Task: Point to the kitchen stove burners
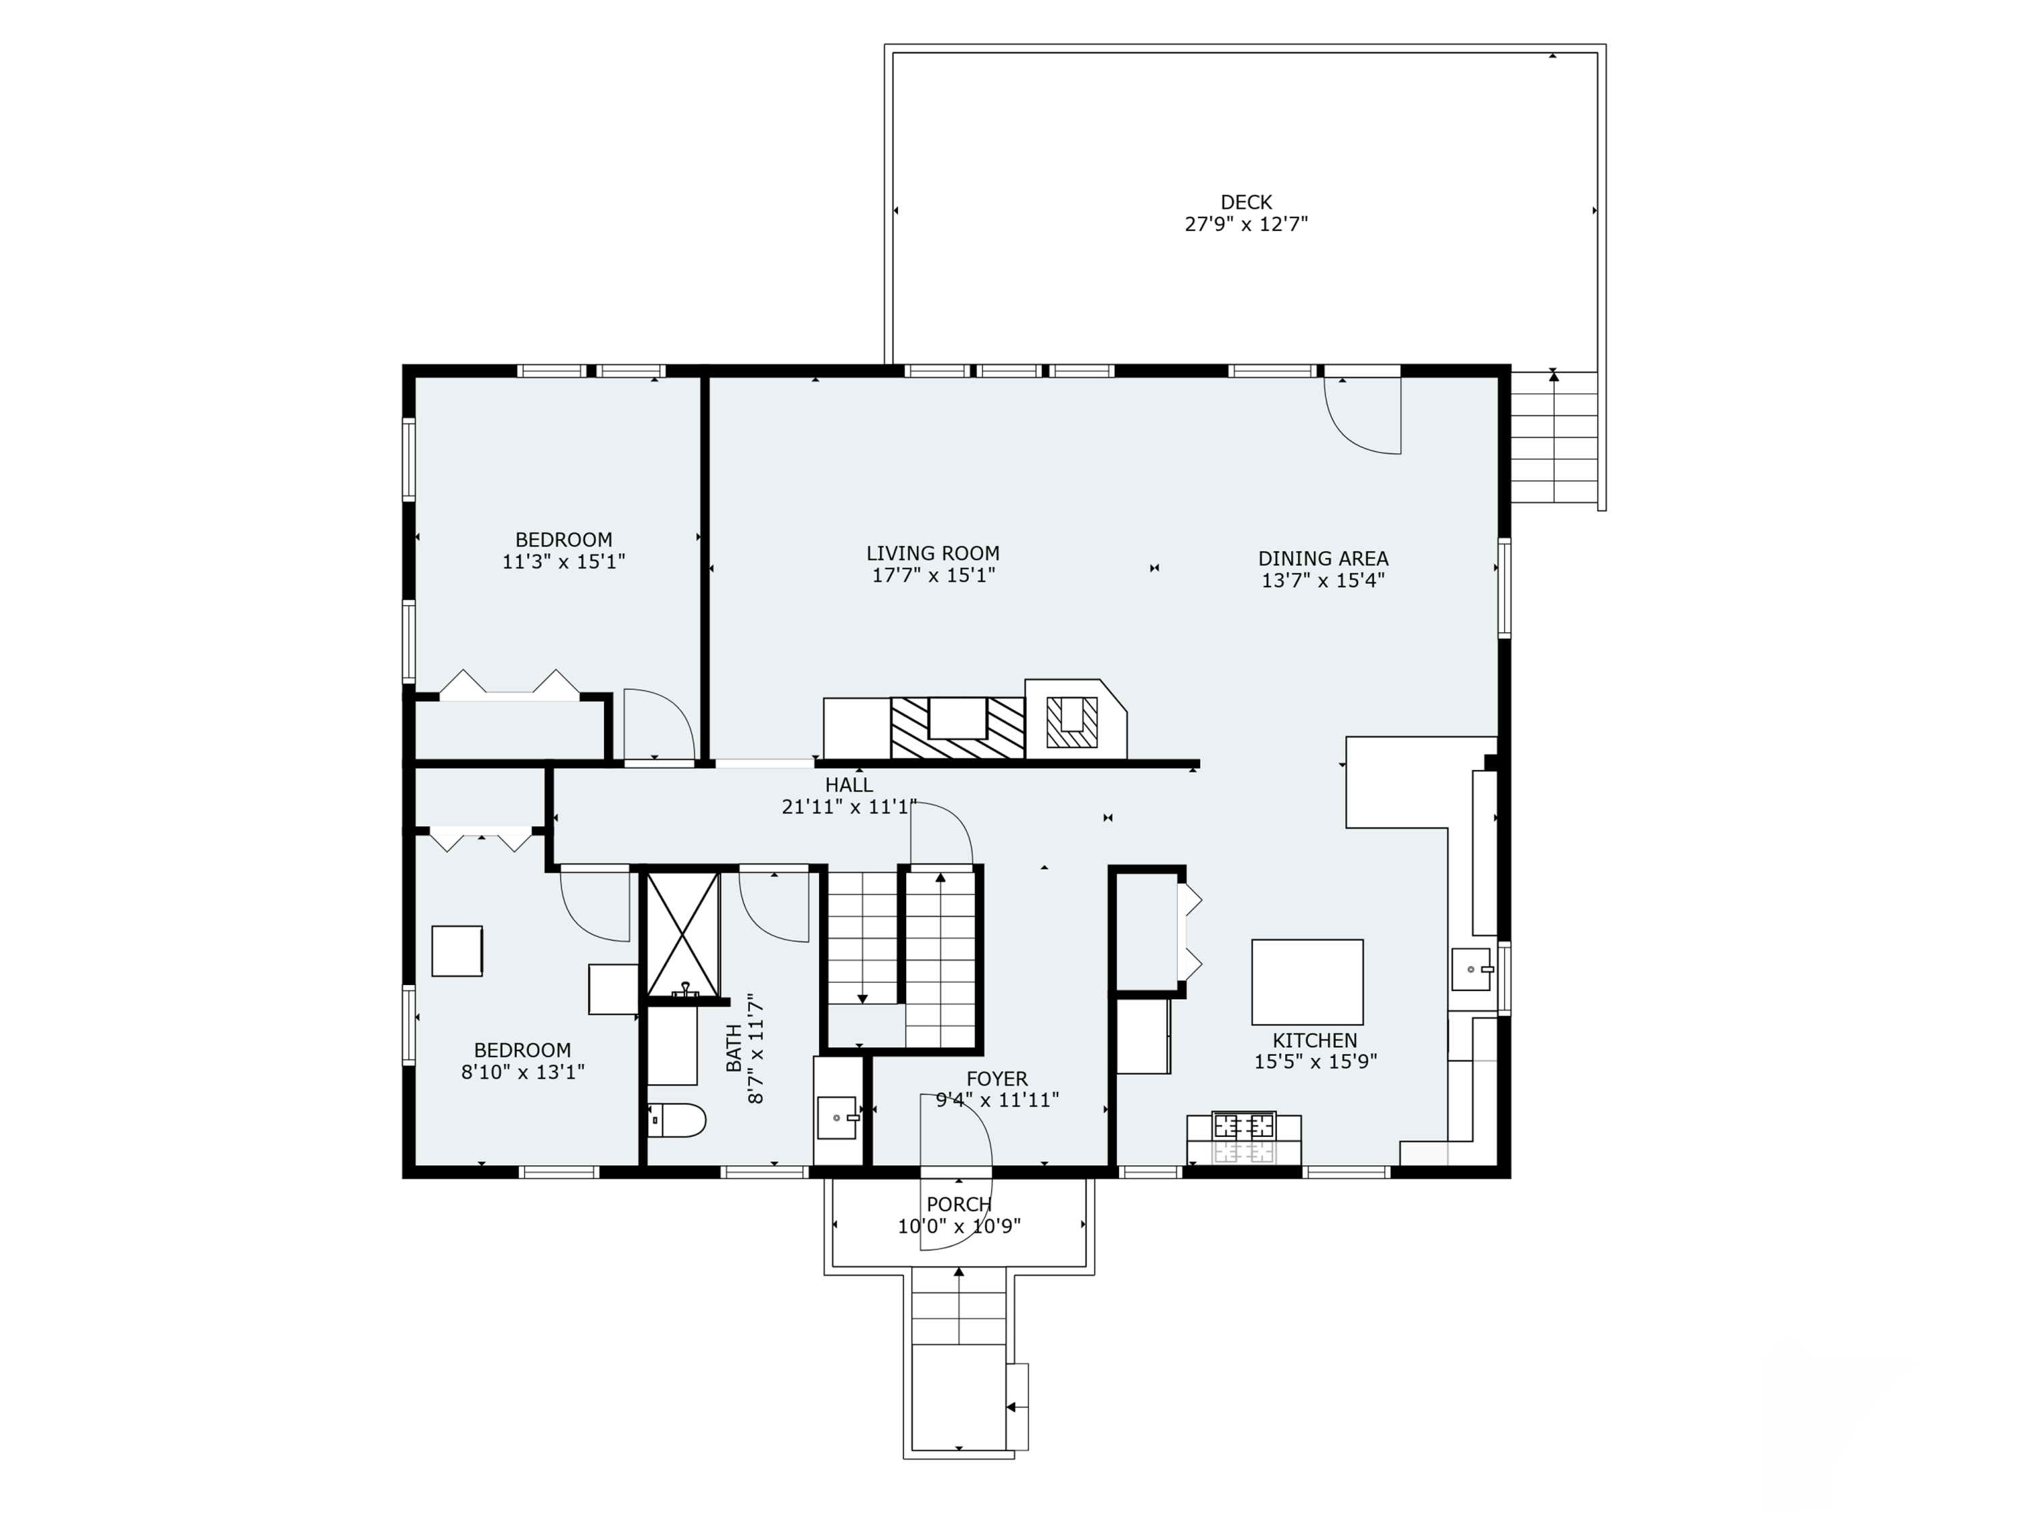pyautogui.click(x=1243, y=1124)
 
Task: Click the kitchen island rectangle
pyautogui.click(x=1307, y=982)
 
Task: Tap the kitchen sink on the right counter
pyautogui.click(x=1471, y=969)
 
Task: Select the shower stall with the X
pyautogui.click(x=682, y=933)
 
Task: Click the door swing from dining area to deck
pyautogui.click(x=1363, y=417)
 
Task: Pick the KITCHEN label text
pyautogui.click(x=1314, y=1041)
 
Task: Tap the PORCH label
pyautogui.click(x=959, y=1205)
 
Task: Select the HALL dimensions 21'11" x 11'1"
pyautogui.click(x=849, y=807)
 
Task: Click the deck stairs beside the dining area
pyautogui.click(x=1553, y=437)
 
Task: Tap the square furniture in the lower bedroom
pyautogui.click(x=456, y=951)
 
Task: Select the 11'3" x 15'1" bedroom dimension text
pyautogui.click(x=563, y=561)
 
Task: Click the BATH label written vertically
pyautogui.click(x=734, y=1048)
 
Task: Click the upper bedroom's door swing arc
pyautogui.click(x=659, y=724)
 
